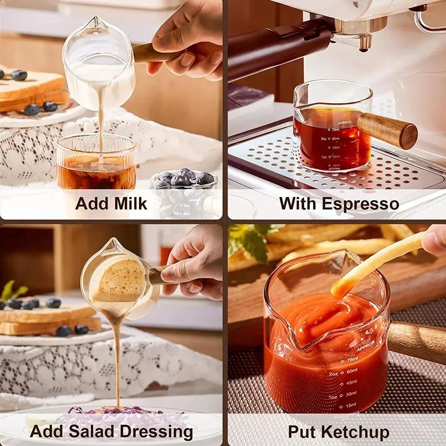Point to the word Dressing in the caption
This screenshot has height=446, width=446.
157,432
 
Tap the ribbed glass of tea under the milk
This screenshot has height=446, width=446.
96,163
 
